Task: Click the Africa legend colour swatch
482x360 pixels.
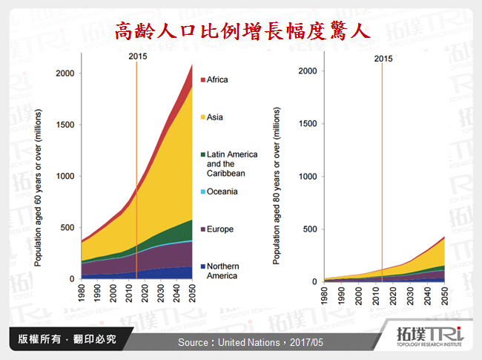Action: click(x=202, y=79)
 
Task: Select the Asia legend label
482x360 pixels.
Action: click(x=216, y=117)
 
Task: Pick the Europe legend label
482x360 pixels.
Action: click(x=220, y=229)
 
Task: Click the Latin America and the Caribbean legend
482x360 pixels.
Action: click(x=231, y=163)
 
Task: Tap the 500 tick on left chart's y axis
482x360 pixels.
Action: click(x=70, y=227)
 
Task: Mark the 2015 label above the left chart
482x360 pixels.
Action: click(x=138, y=56)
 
